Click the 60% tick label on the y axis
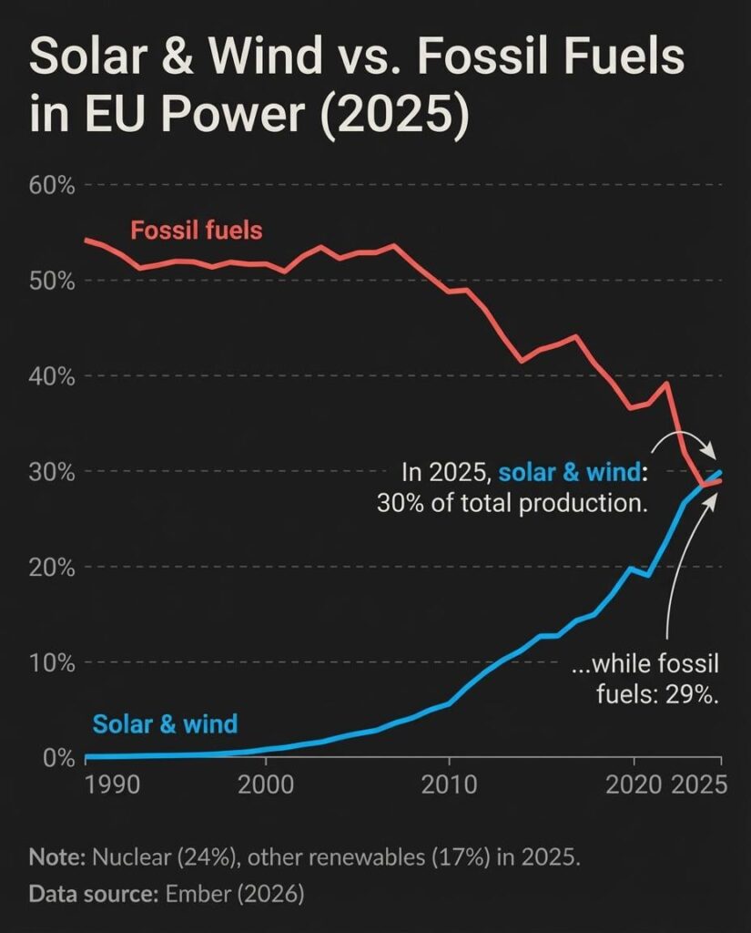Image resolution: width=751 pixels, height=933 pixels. point(53,186)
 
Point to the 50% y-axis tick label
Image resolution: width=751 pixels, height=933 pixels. point(53,281)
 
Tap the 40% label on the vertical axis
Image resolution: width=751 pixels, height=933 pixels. point(53,376)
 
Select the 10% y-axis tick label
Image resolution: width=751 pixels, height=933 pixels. point(53,662)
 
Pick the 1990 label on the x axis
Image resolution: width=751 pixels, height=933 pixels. point(112,784)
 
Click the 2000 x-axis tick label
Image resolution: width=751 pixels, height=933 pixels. point(265,784)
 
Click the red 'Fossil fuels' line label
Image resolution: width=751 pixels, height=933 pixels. point(196,231)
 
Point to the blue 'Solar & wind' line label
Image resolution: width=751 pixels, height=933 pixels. point(165,725)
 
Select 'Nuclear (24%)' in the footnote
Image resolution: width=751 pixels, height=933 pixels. point(147,858)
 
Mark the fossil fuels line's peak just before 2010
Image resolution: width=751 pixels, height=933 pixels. point(393,245)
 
